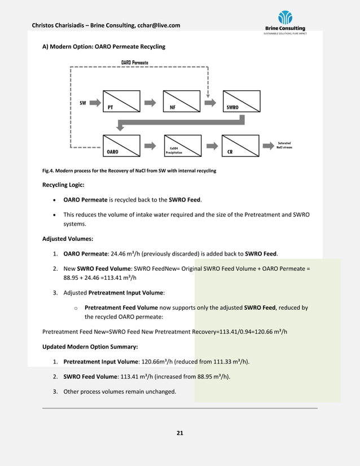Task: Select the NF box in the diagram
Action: click(181, 101)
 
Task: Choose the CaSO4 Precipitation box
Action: click(181, 146)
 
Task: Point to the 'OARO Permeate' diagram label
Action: click(135, 62)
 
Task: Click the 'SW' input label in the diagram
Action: click(83, 103)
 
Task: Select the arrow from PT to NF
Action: click(150, 103)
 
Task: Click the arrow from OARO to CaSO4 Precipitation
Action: click(151, 145)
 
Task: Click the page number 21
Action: click(180, 433)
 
